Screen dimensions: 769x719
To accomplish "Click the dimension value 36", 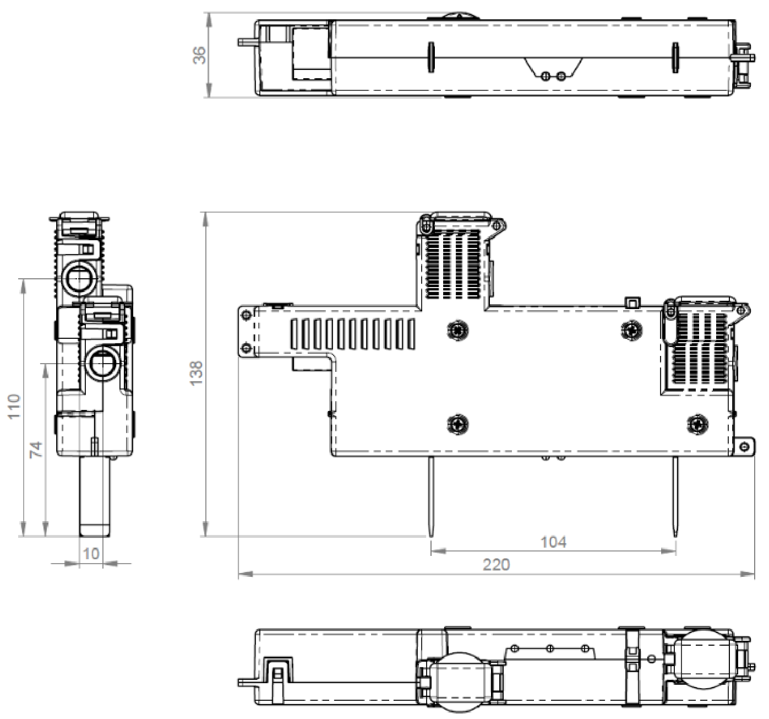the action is point(200,55).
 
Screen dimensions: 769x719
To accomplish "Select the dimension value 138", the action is point(197,373).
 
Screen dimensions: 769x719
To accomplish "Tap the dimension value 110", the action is point(14,406).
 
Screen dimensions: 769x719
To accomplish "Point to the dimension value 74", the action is point(36,450).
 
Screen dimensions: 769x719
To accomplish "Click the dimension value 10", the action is point(91,554).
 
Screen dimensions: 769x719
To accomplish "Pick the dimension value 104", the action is point(553,542).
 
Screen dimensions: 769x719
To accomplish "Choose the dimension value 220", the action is point(496,565).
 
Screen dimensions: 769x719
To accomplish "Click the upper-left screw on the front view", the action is point(458,331).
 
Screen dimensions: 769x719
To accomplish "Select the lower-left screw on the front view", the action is point(458,424).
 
